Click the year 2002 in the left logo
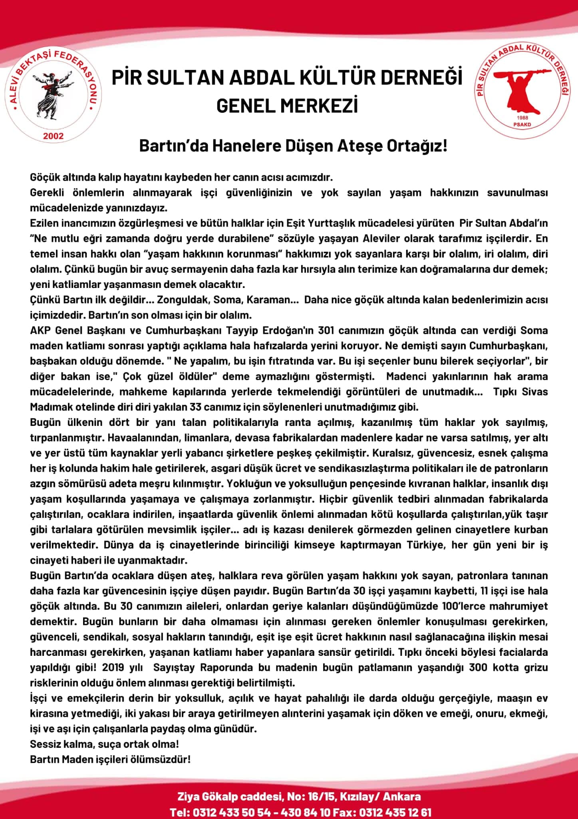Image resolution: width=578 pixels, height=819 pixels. (x=53, y=136)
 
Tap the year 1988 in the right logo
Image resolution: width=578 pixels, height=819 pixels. (x=522, y=118)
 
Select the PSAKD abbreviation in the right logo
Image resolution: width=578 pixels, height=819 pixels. (x=522, y=124)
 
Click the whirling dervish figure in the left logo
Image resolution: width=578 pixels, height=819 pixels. (x=52, y=94)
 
